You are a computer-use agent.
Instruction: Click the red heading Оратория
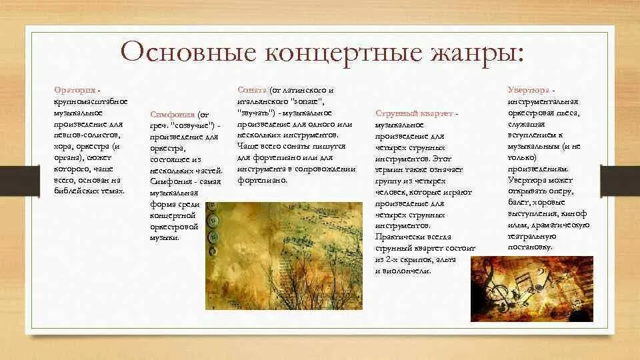[74, 89]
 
